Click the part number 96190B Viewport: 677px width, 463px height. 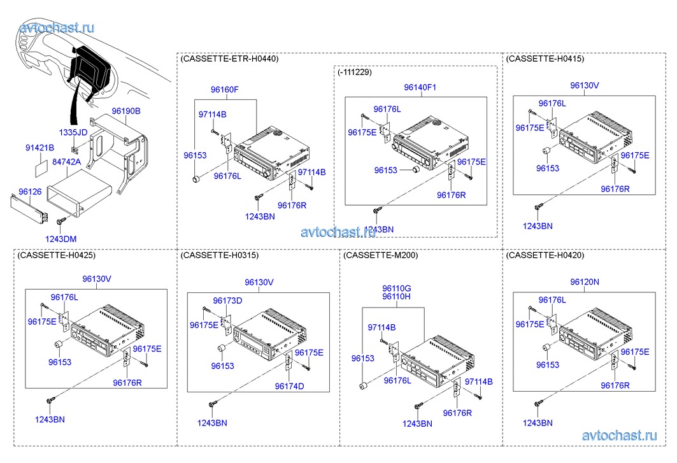126,111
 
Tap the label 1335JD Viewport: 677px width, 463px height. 73,132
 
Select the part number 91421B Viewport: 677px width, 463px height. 40,148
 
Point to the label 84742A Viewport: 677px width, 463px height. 66,162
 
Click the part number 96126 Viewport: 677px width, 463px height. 30,191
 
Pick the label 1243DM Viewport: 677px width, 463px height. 61,239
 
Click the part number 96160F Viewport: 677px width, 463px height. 224,89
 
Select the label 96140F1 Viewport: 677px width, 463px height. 420,87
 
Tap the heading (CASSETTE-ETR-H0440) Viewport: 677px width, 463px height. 229,59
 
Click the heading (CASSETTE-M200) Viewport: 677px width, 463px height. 380,255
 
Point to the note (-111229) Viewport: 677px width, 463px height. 354,72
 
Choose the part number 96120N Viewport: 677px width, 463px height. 585,281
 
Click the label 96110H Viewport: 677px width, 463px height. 396,297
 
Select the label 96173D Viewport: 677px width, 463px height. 227,301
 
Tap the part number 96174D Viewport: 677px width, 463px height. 289,386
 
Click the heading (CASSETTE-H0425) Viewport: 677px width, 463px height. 57,255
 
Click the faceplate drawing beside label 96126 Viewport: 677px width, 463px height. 30,208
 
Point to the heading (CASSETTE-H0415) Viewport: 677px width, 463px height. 545,59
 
